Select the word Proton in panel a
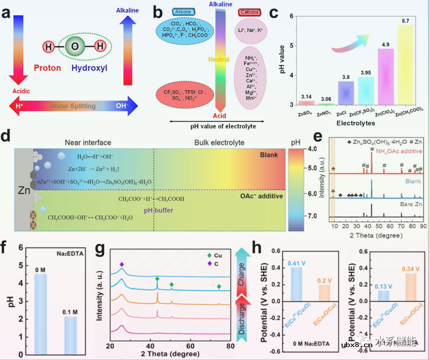(48, 68)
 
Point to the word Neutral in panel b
(219, 60)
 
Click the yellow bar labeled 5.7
(406, 65)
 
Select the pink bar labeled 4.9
(372, 77)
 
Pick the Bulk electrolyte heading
(219, 142)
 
